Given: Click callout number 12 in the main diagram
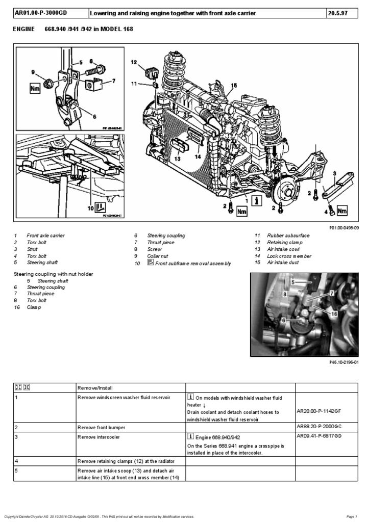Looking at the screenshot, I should tap(134, 62).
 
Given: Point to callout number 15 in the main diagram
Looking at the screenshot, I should tap(234, 86).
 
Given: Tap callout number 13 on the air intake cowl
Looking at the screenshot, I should tap(177, 159).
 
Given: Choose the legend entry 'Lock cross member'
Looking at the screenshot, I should tap(289, 256).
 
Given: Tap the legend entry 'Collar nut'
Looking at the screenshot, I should tap(158, 256).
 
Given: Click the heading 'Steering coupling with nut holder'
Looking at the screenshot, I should tap(53, 274).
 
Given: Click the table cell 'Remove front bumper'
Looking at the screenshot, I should tap(102, 428).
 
